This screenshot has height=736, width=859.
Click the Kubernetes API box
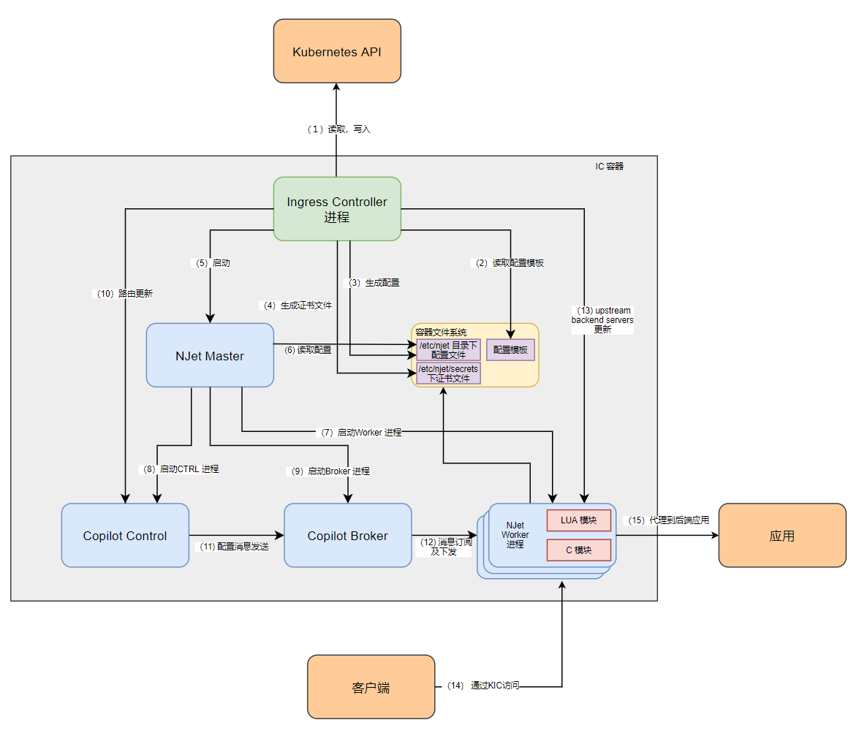coord(337,51)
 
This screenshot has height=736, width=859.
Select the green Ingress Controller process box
coord(337,208)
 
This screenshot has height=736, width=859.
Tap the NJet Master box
coord(210,355)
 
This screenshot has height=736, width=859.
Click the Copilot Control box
coord(125,535)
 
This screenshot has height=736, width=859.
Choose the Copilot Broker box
coord(347,535)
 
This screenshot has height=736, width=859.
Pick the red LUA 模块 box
coord(578,520)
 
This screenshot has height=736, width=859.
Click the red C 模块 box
coord(578,550)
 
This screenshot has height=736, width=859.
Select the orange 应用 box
coord(782,535)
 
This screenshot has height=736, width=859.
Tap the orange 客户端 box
coord(371,687)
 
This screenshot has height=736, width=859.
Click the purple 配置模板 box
coord(510,350)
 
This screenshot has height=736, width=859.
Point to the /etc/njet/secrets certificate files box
coord(448,373)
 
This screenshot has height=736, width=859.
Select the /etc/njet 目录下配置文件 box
coord(448,350)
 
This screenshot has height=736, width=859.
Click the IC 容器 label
coord(609,167)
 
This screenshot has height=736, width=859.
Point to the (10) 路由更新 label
coord(124,294)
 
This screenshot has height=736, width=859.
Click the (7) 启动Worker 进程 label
coord(361,433)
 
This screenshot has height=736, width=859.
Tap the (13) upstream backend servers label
coord(602,320)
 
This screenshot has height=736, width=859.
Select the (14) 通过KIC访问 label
coord(483,686)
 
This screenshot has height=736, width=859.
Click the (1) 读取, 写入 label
coord(338,129)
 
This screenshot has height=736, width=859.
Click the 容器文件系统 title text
coord(441,333)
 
